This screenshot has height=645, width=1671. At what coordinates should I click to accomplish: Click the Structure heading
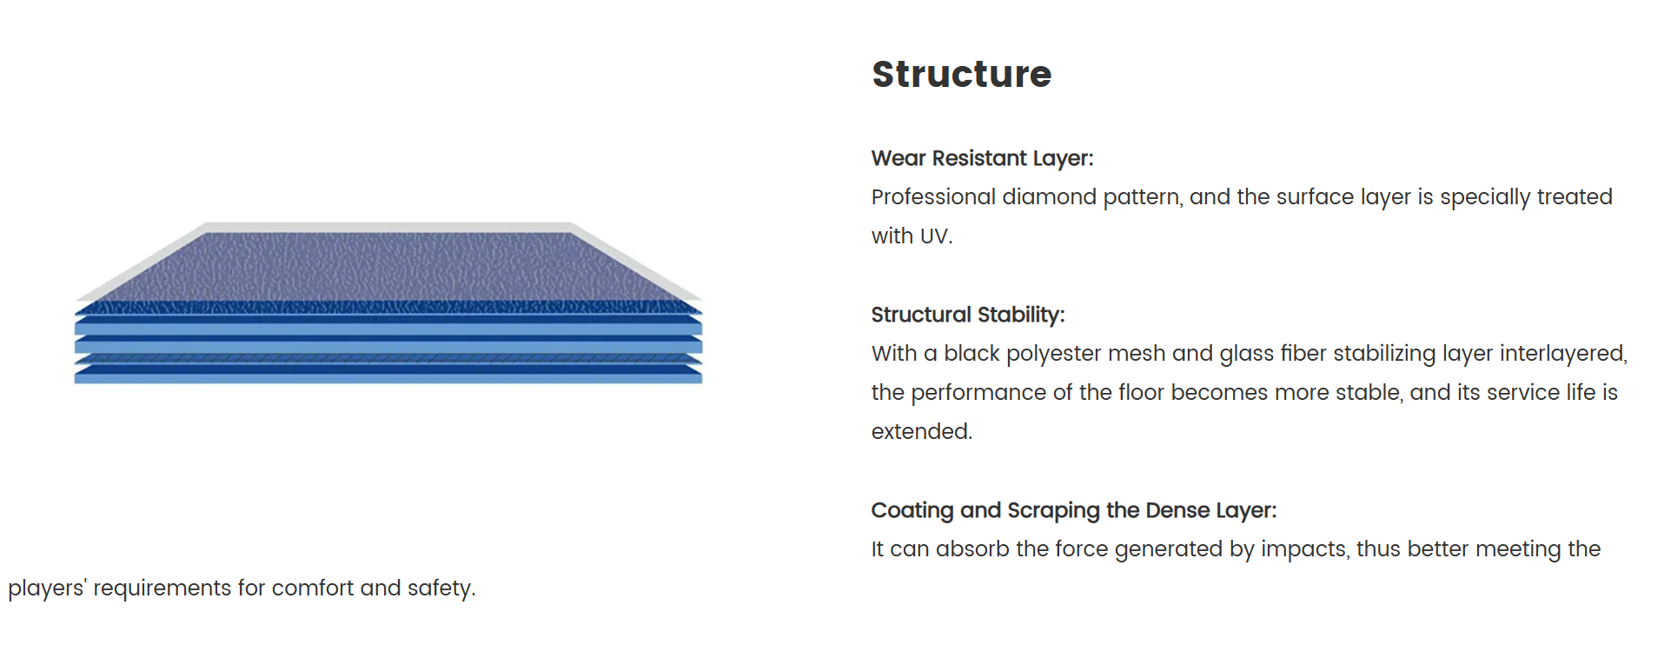pos(961,75)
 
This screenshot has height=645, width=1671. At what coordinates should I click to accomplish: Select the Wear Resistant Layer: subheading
pos(982,159)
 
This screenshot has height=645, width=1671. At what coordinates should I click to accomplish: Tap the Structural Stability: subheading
pos(967,315)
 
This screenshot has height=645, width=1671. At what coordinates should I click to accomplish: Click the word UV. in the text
pos(936,236)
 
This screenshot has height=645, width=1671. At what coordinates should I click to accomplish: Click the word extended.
pos(922,432)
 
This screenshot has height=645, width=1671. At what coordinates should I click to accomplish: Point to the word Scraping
pos(1053,510)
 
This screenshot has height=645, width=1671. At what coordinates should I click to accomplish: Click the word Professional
pos(934,197)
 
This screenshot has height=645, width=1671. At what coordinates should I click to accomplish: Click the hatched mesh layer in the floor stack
pos(388,358)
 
